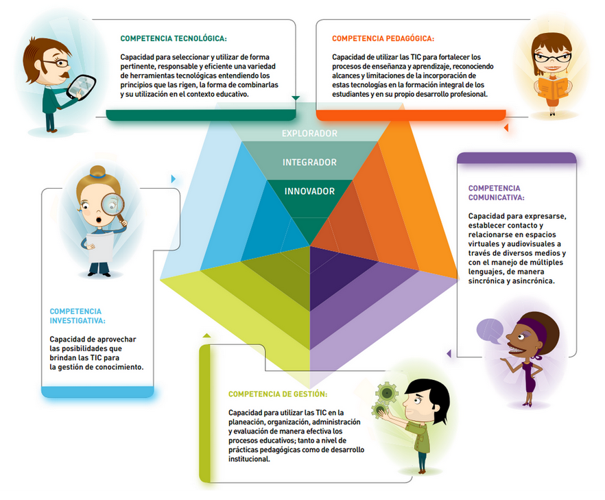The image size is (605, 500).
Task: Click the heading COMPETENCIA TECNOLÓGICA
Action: tap(173, 39)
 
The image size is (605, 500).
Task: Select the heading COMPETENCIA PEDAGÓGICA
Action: tap(383, 39)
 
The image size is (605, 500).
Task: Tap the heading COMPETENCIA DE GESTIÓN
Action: tap(277, 394)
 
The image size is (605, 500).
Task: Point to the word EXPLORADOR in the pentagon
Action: tap(309, 134)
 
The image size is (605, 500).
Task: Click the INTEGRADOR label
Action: tap(309, 163)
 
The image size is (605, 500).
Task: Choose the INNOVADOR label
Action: tap(309, 191)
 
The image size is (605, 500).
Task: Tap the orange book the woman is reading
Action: tap(552, 88)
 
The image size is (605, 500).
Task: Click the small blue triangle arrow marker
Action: tap(173, 179)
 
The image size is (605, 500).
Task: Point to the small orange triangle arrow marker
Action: tap(506, 128)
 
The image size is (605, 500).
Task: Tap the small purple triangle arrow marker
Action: tap(449, 354)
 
